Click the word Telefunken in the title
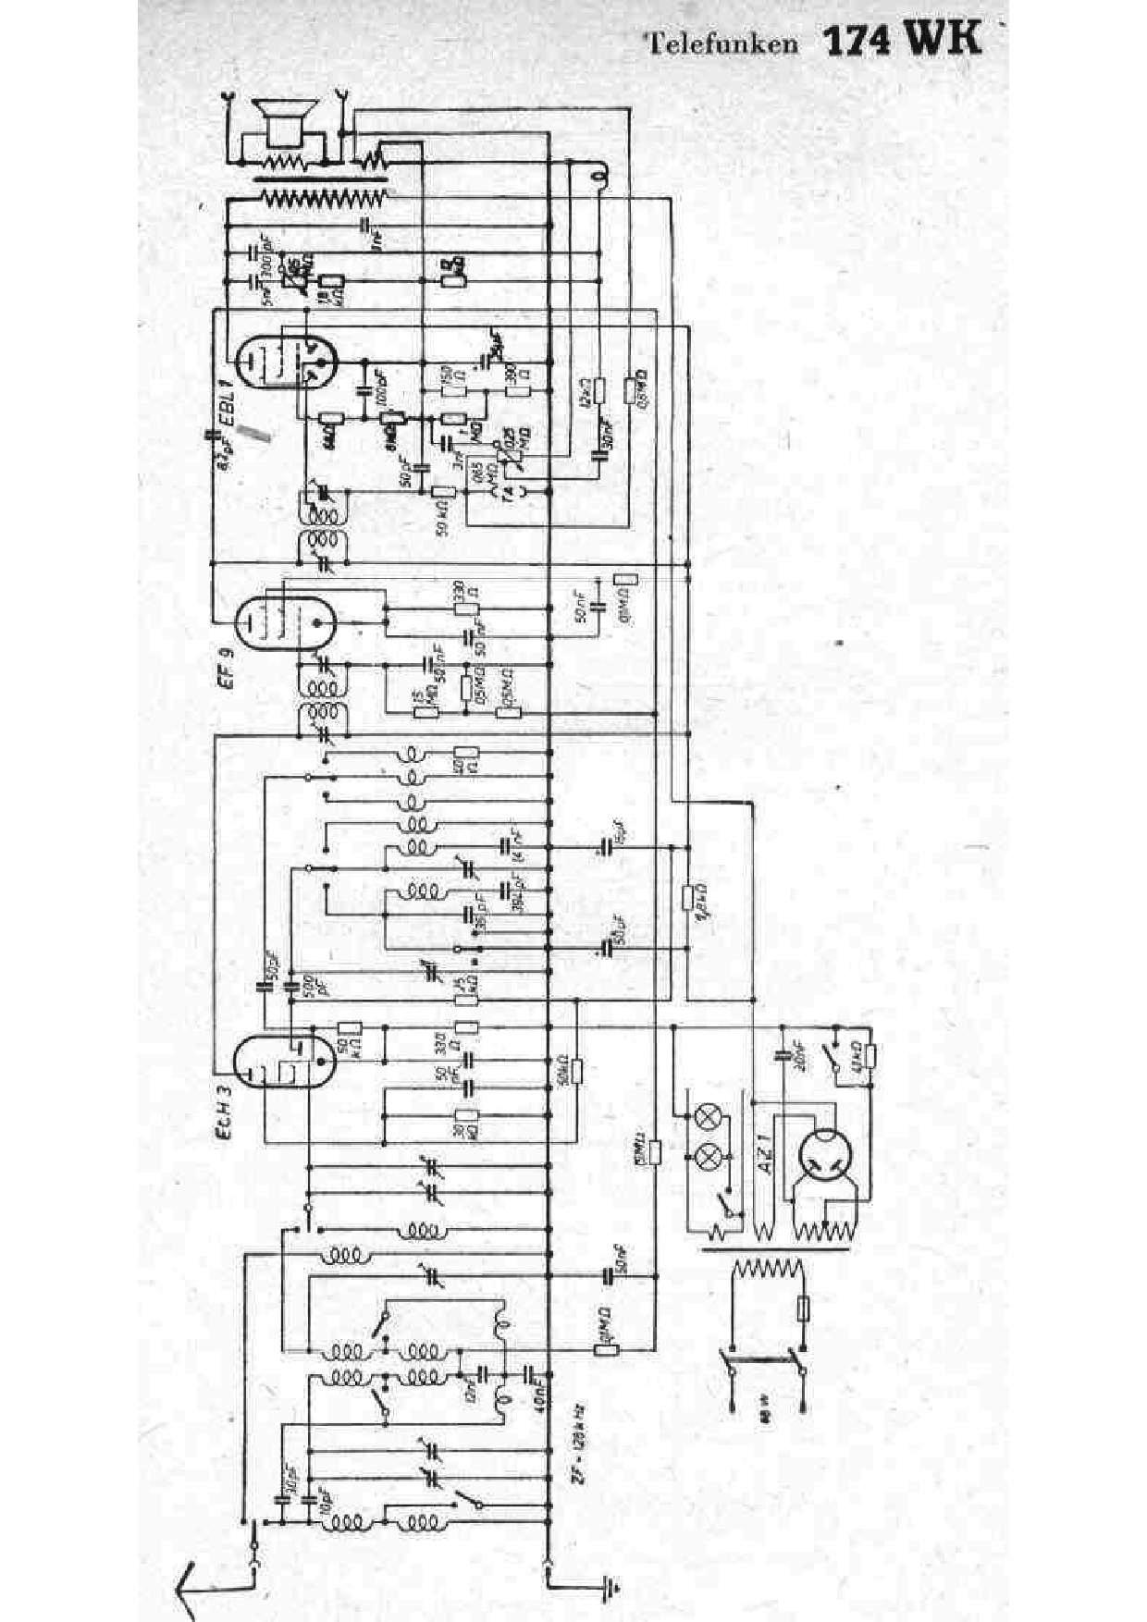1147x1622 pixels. tap(721, 43)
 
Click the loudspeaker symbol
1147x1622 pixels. tap(282, 121)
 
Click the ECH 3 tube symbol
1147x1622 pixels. tap(283, 1062)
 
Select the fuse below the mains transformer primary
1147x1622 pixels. tap(803, 1310)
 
